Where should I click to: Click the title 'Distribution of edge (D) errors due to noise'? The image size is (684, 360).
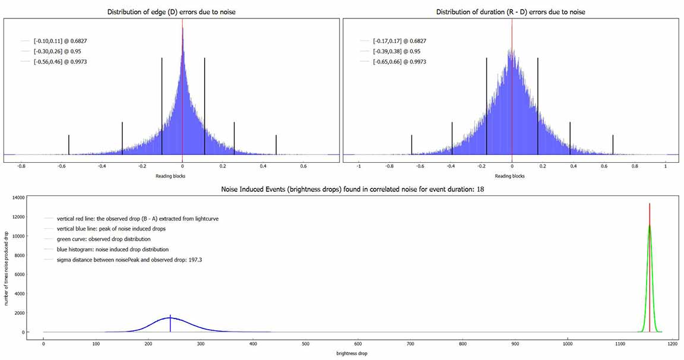171,12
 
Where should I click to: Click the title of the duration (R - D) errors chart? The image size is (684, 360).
511,12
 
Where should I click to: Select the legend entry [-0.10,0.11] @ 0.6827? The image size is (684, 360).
61,41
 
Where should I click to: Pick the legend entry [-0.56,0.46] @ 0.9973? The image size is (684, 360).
61,62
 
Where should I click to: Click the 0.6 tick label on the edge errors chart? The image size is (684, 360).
303,167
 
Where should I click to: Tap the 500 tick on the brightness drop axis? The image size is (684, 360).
305,343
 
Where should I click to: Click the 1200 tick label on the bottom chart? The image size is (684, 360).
672,343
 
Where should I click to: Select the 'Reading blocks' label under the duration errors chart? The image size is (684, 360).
511,176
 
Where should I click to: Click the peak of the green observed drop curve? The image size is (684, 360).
650,225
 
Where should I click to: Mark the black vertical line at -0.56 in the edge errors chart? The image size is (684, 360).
69,144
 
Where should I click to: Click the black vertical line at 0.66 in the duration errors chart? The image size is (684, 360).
613,144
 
